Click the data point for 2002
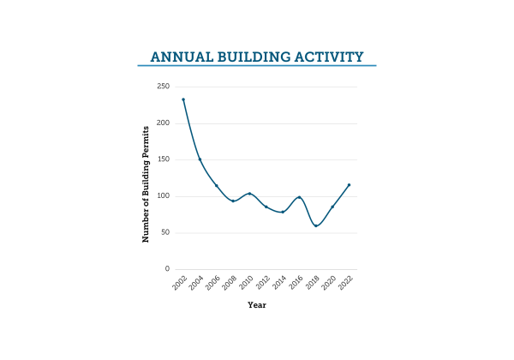183,99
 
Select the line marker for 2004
200,159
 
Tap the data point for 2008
233,201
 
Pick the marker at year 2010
249,194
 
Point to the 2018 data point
316,225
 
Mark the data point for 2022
349,185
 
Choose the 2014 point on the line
283,212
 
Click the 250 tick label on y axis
163,87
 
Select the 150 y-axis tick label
163,159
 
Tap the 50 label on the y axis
164,232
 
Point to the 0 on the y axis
167,269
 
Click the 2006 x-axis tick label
212,284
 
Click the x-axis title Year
257,304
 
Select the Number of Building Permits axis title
146,183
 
